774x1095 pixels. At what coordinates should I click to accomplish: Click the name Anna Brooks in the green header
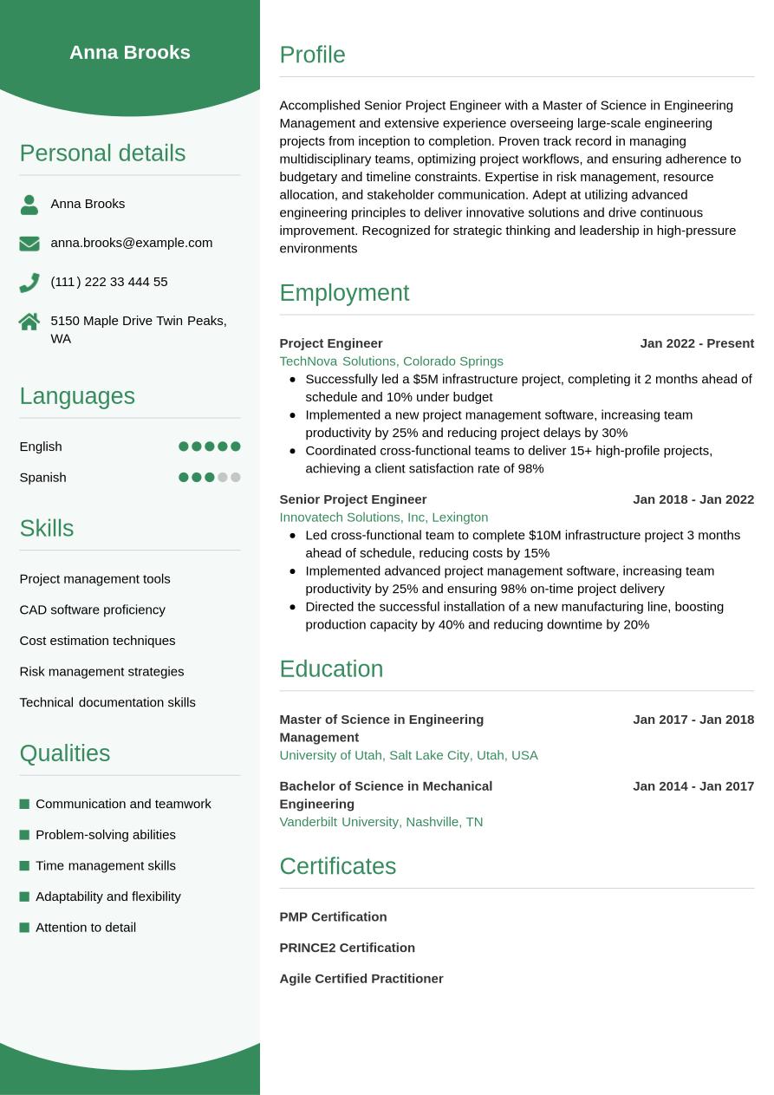[x=130, y=52]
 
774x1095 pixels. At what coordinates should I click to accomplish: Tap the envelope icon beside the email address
[x=29, y=244]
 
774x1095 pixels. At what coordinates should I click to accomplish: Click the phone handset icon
[x=29, y=283]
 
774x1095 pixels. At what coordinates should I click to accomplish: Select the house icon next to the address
[x=29, y=322]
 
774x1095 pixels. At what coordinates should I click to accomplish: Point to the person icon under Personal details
[x=29, y=205]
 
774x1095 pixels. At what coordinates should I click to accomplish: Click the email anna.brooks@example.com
[x=131, y=243]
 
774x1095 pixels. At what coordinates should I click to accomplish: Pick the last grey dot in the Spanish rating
[x=235, y=478]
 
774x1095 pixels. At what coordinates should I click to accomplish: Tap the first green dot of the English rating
[x=184, y=446]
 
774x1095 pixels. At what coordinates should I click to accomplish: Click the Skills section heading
[x=47, y=528]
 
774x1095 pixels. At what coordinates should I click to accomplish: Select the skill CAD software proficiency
[x=92, y=609]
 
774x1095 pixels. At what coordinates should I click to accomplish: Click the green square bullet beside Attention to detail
[x=24, y=928]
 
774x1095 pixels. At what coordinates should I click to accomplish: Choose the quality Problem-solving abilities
[x=106, y=835]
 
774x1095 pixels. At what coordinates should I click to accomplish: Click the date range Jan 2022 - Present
[x=697, y=343]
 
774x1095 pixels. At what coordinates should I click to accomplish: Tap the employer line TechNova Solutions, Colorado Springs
[x=391, y=362]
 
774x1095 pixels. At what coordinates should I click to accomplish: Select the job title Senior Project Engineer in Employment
[x=353, y=499]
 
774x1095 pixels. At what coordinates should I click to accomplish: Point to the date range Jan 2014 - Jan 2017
[x=693, y=786]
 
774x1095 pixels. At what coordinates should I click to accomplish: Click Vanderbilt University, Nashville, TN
[x=380, y=822]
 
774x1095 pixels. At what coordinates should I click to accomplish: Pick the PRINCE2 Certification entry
[x=347, y=948]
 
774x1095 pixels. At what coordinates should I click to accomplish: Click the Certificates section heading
[x=337, y=866]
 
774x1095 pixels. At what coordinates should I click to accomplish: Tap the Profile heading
[x=312, y=55]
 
